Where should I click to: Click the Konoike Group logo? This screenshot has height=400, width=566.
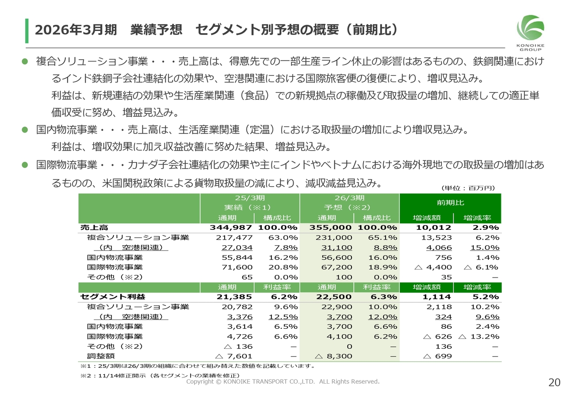[530, 32]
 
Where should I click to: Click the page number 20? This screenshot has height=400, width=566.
[554, 383]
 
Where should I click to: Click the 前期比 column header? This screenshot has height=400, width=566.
[450, 202]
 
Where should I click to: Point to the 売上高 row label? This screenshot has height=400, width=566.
[94, 228]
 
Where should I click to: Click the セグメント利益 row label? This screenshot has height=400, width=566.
[113, 297]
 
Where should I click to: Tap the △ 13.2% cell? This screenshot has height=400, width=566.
[479, 337]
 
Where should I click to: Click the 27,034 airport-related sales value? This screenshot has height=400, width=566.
[239, 248]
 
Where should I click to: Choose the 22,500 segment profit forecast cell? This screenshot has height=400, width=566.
[334, 297]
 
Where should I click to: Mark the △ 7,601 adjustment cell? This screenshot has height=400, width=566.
[233, 356]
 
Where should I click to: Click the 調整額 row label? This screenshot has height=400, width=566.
[101, 356]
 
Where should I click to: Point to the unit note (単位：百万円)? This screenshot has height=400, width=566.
[468, 188]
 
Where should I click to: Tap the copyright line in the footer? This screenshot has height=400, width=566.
[283, 381]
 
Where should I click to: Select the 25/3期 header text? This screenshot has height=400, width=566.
[249, 198]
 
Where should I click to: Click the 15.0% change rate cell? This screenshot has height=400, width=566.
[485, 248]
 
